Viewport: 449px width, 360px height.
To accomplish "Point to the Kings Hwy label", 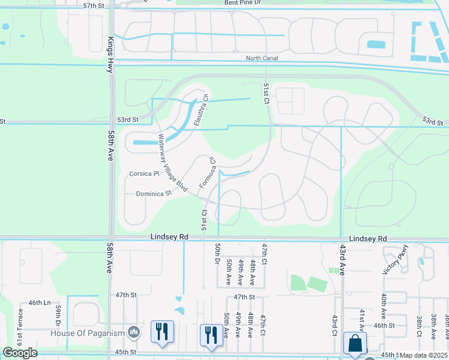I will (110, 46).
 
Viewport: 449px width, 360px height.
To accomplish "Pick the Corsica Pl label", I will (143, 174).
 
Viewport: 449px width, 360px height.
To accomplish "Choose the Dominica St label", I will (154, 194).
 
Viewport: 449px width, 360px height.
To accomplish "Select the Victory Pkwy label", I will (396, 260).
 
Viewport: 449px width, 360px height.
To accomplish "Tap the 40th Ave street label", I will (383, 305).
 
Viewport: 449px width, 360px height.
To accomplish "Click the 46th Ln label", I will (39, 304).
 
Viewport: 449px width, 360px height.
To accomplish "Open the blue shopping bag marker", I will (355, 344).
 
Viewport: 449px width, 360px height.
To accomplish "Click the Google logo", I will (20, 353).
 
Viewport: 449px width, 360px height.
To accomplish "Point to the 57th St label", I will (94, 5).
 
